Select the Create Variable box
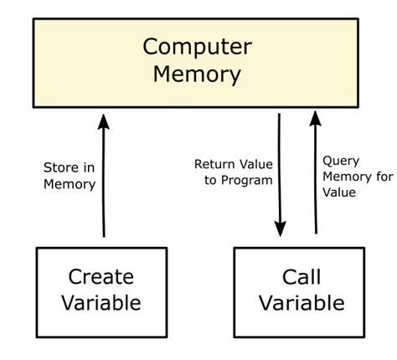point(101,291)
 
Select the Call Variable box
point(300,291)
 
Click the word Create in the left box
point(101,277)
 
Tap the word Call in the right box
point(301,277)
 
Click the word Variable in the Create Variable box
point(101,302)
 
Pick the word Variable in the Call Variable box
point(301,302)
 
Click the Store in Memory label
point(70,176)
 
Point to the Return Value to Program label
point(233,172)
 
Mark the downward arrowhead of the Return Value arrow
point(281,228)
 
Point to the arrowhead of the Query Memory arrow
point(316,119)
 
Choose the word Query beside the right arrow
point(341,160)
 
